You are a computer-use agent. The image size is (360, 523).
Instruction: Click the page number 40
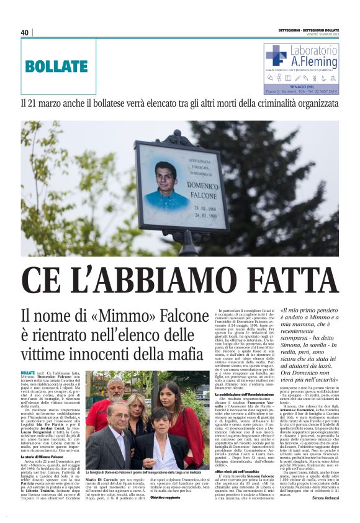(x=25, y=32)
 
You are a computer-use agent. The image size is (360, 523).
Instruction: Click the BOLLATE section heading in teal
(x=48, y=66)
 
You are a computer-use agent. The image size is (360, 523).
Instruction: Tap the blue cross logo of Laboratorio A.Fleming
(x=276, y=55)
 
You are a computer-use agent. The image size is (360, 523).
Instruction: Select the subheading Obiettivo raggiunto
(x=164, y=498)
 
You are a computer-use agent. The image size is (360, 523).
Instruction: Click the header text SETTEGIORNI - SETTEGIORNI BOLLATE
(x=300, y=30)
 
